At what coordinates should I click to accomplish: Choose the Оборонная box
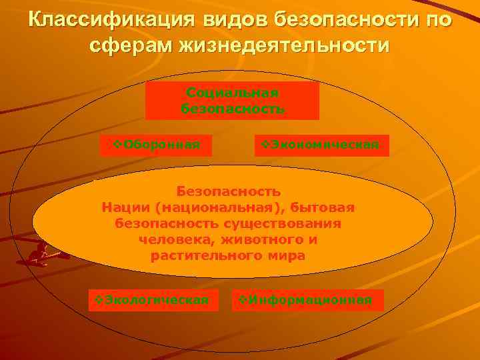pyautogui.click(x=156, y=145)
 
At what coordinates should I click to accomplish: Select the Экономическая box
pyautogui.click(x=322, y=145)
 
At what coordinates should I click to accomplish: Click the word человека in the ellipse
pyautogui.click(x=171, y=239)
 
